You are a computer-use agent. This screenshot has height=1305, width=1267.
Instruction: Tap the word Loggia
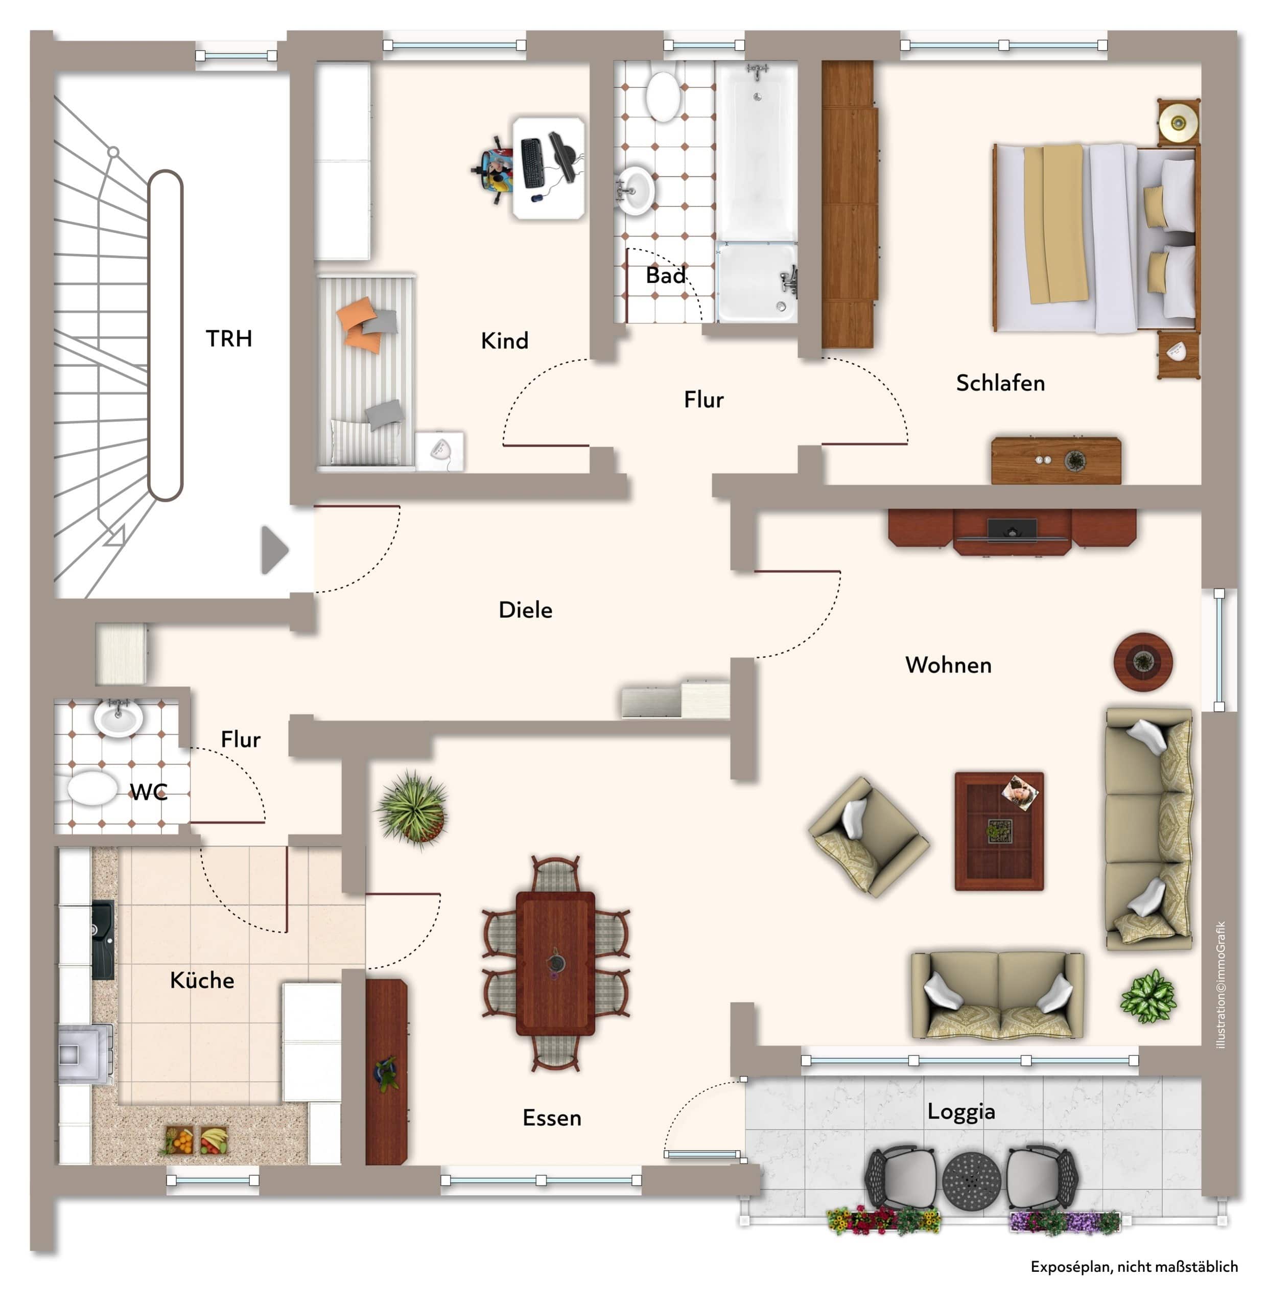click(x=961, y=1111)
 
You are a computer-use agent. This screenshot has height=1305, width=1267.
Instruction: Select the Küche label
click(x=202, y=980)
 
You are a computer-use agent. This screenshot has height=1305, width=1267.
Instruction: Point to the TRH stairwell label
click(x=228, y=338)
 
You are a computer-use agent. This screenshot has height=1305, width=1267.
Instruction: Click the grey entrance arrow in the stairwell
click(x=274, y=550)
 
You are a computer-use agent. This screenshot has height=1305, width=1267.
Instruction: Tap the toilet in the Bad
click(x=663, y=96)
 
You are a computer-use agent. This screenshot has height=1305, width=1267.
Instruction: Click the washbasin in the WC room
click(x=119, y=718)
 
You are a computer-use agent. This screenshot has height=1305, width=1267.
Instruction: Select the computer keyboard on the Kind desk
click(x=533, y=162)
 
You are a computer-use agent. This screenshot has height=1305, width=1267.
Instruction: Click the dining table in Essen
click(x=555, y=964)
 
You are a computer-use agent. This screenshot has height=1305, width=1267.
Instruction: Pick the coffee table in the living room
click(x=999, y=831)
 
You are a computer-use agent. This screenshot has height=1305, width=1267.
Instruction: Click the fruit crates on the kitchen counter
click(x=193, y=1140)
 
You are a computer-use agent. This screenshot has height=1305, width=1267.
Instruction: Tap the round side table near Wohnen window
click(x=1143, y=662)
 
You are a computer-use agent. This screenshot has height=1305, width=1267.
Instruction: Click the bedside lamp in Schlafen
click(x=1179, y=123)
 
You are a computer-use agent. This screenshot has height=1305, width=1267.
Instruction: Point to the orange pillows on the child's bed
click(x=360, y=323)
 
